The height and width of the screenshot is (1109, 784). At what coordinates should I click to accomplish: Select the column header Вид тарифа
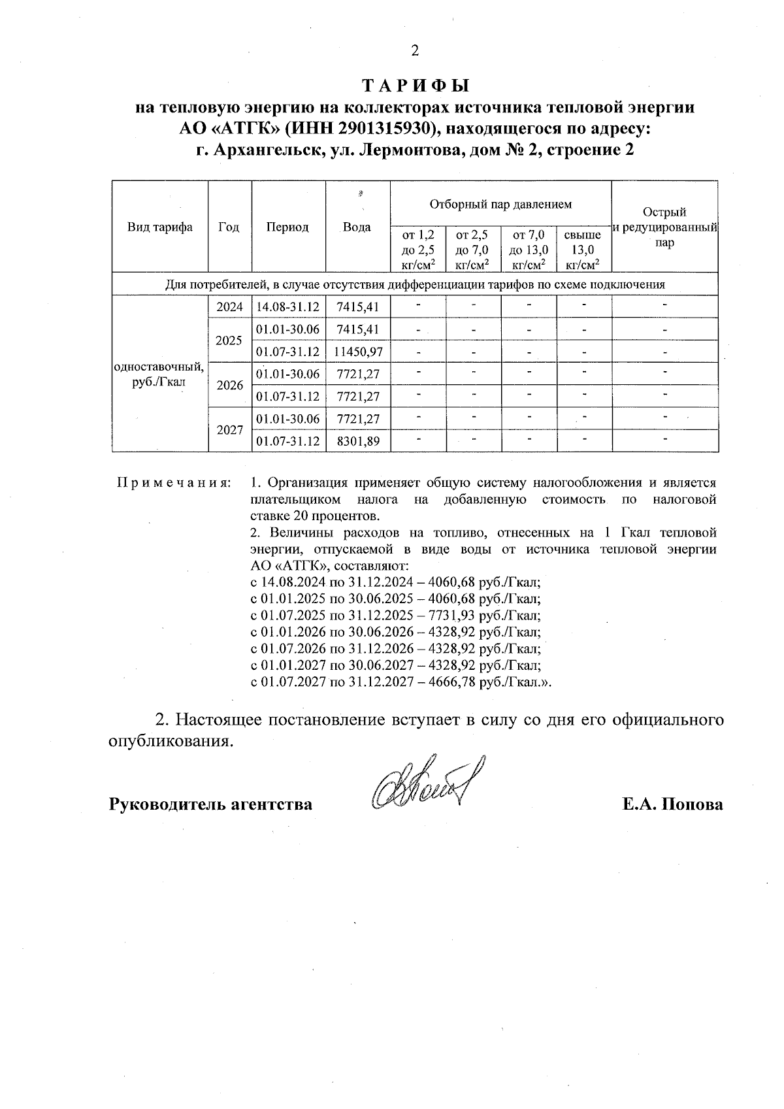(x=160, y=227)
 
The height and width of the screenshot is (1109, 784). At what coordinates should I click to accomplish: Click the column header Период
(x=287, y=227)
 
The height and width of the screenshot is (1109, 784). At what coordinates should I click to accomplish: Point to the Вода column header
(x=357, y=227)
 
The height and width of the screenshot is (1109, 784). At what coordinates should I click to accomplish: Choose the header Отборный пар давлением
(x=500, y=204)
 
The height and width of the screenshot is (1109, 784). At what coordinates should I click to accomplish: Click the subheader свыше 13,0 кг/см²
(x=583, y=250)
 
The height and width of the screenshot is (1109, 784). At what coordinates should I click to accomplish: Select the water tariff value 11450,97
(x=357, y=352)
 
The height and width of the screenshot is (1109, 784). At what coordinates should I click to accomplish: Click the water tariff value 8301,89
(x=357, y=441)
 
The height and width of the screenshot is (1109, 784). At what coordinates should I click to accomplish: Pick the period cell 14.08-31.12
(x=288, y=307)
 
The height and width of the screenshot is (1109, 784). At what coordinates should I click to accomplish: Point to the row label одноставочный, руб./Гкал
(x=159, y=374)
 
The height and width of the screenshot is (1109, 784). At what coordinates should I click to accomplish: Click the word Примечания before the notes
(x=173, y=484)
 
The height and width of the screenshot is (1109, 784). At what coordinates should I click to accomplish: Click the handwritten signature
(x=425, y=783)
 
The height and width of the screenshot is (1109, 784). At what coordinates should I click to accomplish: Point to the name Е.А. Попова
(x=672, y=804)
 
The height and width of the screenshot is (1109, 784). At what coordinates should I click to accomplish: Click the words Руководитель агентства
(x=210, y=804)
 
